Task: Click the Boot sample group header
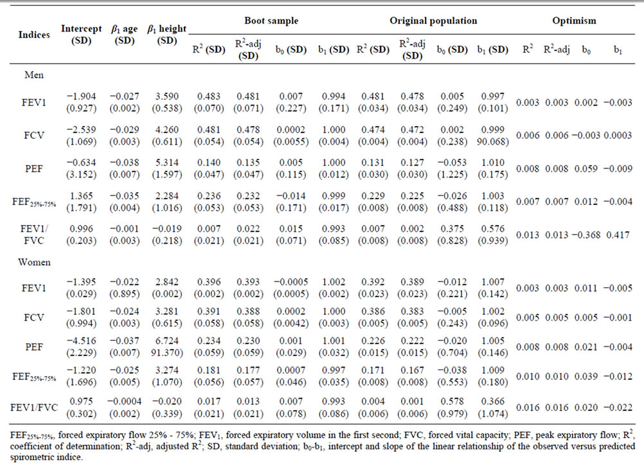(x=271, y=21)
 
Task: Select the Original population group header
(x=433, y=21)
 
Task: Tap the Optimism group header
(x=574, y=21)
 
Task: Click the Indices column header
(x=34, y=35)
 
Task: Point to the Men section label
(x=34, y=75)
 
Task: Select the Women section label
(x=34, y=262)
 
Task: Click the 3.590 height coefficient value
(x=166, y=96)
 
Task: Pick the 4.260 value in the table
(x=166, y=129)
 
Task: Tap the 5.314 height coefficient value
(x=166, y=162)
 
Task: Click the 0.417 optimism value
(x=618, y=235)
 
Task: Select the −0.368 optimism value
(x=586, y=235)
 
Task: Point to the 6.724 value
(x=166, y=341)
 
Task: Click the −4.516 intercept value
(x=82, y=341)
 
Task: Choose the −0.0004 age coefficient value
(x=125, y=401)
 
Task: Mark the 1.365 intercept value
(x=82, y=195)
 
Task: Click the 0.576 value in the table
(x=493, y=228)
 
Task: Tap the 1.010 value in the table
(x=493, y=162)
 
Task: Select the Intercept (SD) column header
(x=82, y=35)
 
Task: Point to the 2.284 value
(x=166, y=195)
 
